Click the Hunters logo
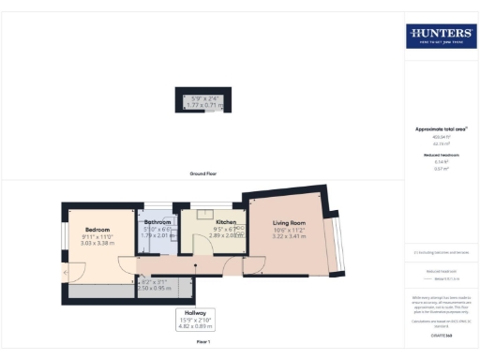click(x=440, y=37)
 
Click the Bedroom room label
click(x=97, y=230)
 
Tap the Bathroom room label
click(x=157, y=222)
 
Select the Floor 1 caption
click(x=202, y=343)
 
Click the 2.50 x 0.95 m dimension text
click(x=157, y=288)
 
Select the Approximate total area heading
click(x=440, y=128)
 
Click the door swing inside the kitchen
click(x=200, y=246)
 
